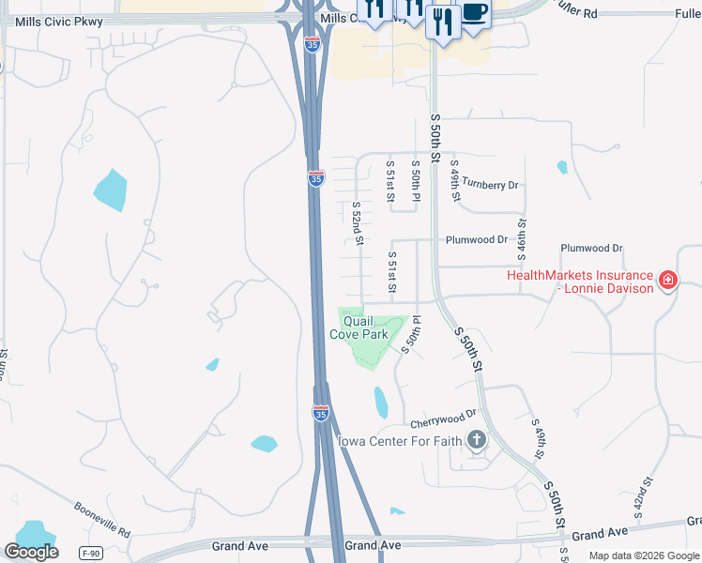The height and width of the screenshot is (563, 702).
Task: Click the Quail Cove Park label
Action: click(359, 327)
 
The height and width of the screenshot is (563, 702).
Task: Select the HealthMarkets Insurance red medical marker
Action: click(667, 281)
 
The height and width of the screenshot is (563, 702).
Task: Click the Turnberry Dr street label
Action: click(491, 185)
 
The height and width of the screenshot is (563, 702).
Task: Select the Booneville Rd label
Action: click(103, 517)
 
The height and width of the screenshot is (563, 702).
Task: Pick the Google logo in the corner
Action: click(31, 552)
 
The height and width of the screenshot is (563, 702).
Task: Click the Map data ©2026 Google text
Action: click(645, 555)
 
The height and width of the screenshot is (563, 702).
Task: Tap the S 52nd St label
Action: click(358, 223)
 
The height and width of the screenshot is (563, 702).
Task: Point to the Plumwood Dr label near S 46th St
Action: click(591, 248)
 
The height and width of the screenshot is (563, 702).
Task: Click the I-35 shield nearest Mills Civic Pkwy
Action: click(313, 42)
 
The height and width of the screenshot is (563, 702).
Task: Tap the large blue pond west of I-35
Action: click(110, 190)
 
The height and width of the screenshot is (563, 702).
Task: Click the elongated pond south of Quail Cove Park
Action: click(380, 403)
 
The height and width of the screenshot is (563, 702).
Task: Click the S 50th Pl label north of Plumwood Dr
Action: click(416, 180)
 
